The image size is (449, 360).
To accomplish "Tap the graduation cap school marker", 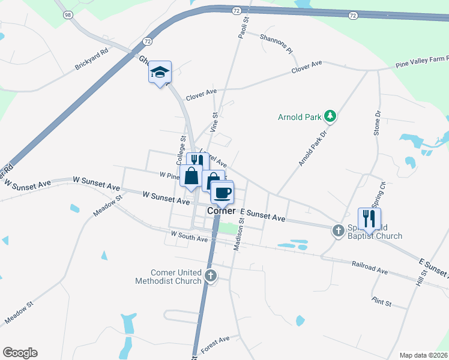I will pos(160,73).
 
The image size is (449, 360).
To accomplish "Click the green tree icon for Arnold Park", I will pos(329,116).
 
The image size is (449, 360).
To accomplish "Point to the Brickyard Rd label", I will pos(91,59).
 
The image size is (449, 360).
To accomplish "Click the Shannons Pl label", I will pos(276,44).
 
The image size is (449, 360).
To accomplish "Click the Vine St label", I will pos(214,122).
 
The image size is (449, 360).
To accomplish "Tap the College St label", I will pos(181,150).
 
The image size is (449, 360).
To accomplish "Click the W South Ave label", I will pos(188,236).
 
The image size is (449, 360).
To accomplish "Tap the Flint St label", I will pos(381,302).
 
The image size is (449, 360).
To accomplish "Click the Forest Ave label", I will pos(215,341).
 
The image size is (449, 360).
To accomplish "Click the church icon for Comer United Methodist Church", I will pos(210,276).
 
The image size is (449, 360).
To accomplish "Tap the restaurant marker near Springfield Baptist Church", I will pos(369,218).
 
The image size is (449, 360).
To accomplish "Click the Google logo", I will pos(20,353).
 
